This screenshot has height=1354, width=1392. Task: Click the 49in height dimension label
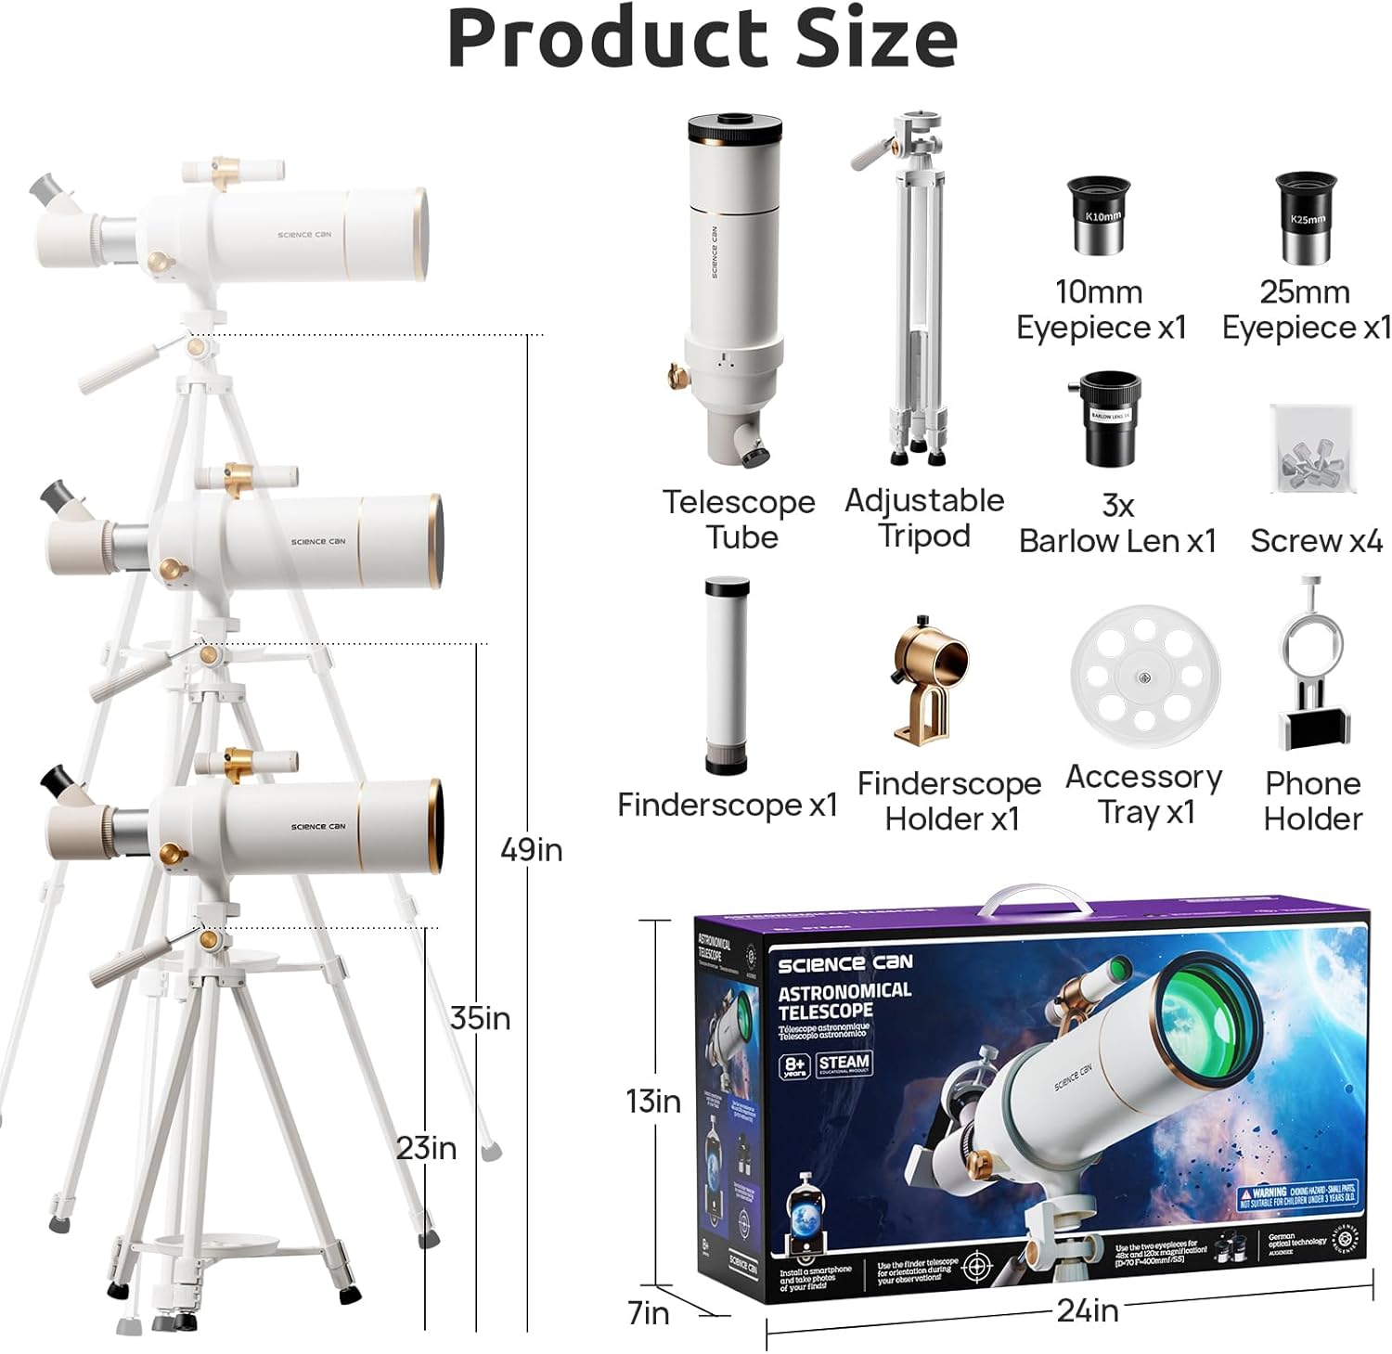pyautogui.click(x=531, y=849)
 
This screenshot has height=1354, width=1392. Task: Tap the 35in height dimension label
pyautogui.click(x=480, y=1018)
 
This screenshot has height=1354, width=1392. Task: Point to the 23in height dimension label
pyautogui.click(x=426, y=1148)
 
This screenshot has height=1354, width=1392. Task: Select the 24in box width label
pyautogui.click(x=1087, y=1309)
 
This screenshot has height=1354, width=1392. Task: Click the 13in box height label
pyautogui.click(x=652, y=1101)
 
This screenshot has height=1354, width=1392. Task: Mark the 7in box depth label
pyautogui.click(x=648, y=1312)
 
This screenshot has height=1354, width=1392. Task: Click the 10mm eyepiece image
pyautogui.click(x=1101, y=216)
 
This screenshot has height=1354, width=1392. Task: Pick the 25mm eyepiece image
pyautogui.click(x=1305, y=216)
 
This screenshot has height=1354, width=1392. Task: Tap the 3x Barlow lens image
pyautogui.click(x=1110, y=418)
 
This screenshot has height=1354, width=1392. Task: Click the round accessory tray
pyautogui.click(x=1145, y=676)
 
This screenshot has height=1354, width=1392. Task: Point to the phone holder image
pyautogui.click(x=1311, y=665)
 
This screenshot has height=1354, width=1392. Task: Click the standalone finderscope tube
pyautogui.click(x=726, y=675)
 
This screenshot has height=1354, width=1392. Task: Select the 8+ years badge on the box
pyautogui.click(x=794, y=1064)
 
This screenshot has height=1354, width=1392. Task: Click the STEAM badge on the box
pyautogui.click(x=844, y=1064)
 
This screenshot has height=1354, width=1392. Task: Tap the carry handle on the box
pyautogui.click(x=1037, y=900)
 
